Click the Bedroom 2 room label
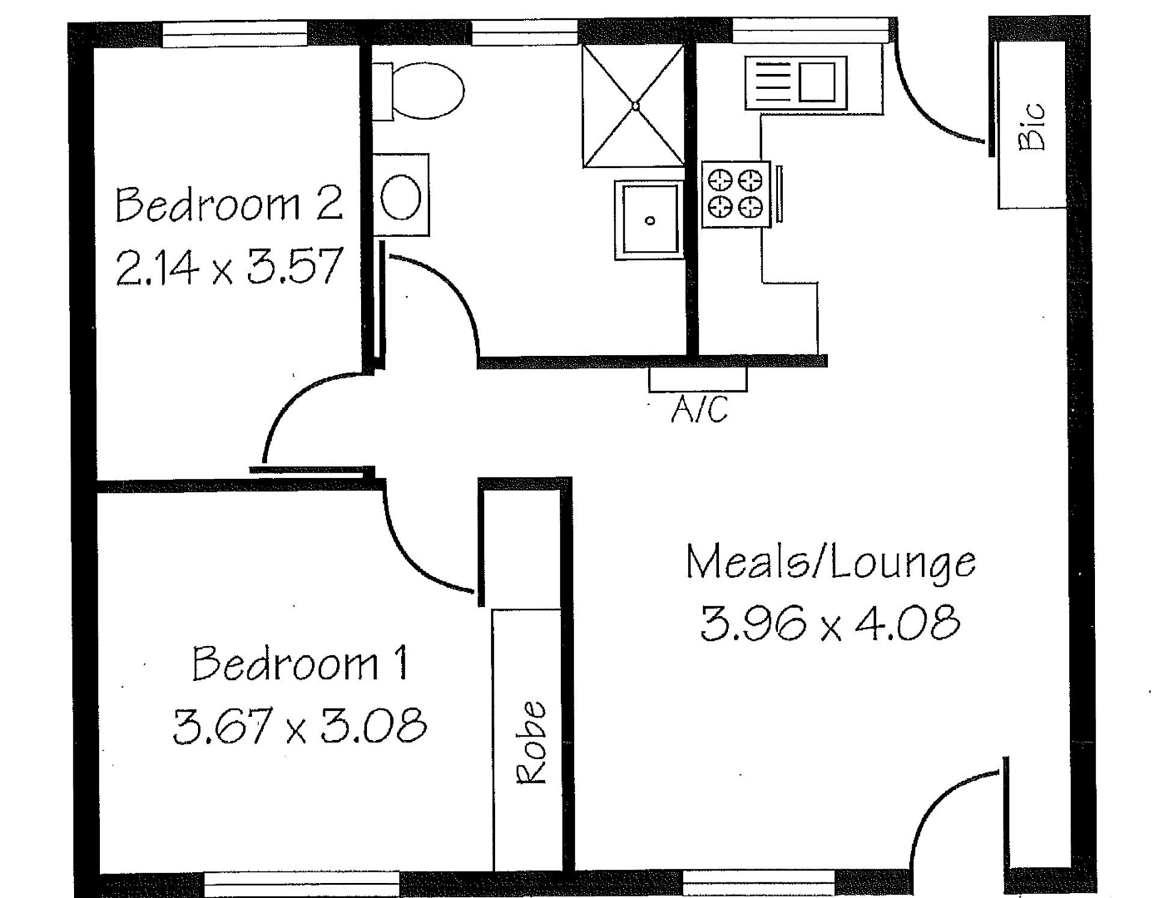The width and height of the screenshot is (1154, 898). coord(229,205)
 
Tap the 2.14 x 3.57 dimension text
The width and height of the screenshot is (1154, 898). coord(229,268)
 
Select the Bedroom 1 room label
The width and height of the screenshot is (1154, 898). coord(300,664)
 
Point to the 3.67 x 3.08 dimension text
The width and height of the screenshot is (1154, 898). coord(300,725)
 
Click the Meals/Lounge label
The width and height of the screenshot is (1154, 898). coord(830,563)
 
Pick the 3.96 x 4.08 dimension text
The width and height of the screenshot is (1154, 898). coord(830,624)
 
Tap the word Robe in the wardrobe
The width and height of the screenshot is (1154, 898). coord(532,743)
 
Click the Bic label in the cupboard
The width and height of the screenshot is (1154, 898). coord(1032,126)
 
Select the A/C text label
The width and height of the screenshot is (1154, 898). coord(699,409)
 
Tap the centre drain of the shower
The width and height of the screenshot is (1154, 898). coord(635,106)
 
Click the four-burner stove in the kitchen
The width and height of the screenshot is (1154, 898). coord(736,193)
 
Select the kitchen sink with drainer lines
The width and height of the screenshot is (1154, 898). coord(796,81)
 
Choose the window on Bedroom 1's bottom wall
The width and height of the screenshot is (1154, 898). coord(301,883)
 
